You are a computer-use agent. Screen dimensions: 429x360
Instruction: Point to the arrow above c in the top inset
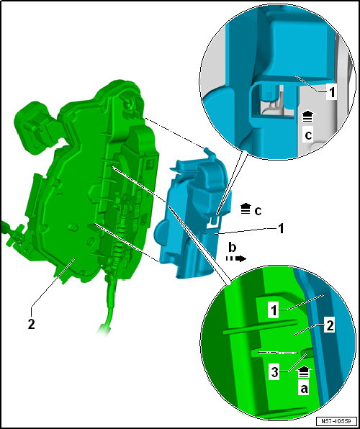308,115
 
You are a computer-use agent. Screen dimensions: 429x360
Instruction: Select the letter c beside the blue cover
258,210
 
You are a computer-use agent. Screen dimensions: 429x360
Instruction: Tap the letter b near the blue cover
233,246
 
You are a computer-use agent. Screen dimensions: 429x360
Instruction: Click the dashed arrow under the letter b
235,257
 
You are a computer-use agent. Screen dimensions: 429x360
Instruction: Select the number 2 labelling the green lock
31,324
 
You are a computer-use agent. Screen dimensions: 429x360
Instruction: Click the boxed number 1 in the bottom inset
273,310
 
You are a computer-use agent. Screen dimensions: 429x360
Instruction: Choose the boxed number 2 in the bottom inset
329,327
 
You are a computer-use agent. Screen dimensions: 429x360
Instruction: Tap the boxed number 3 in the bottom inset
274,371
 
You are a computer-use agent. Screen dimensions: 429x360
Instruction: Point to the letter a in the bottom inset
304,387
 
